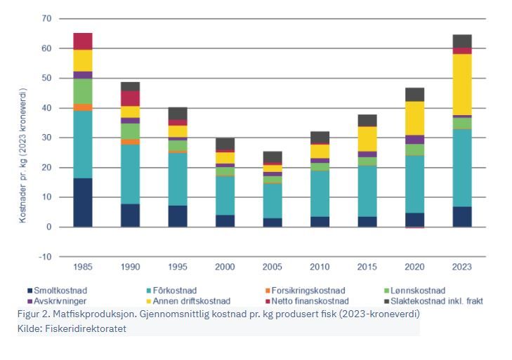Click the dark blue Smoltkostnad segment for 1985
pyautogui.click(x=83, y=202)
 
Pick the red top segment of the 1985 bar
pyautogui.click(x=83, y=41)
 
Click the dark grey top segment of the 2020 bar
pyautogui.click(x=414, y=94)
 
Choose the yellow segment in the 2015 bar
pyautogui.click(x=367, y=138)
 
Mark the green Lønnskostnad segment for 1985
pyautogui.click(x=83, y=91)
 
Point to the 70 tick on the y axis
pyautogui.click(x=46, y=18)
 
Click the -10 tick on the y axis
pyautogui.click(x=44, y=257)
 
